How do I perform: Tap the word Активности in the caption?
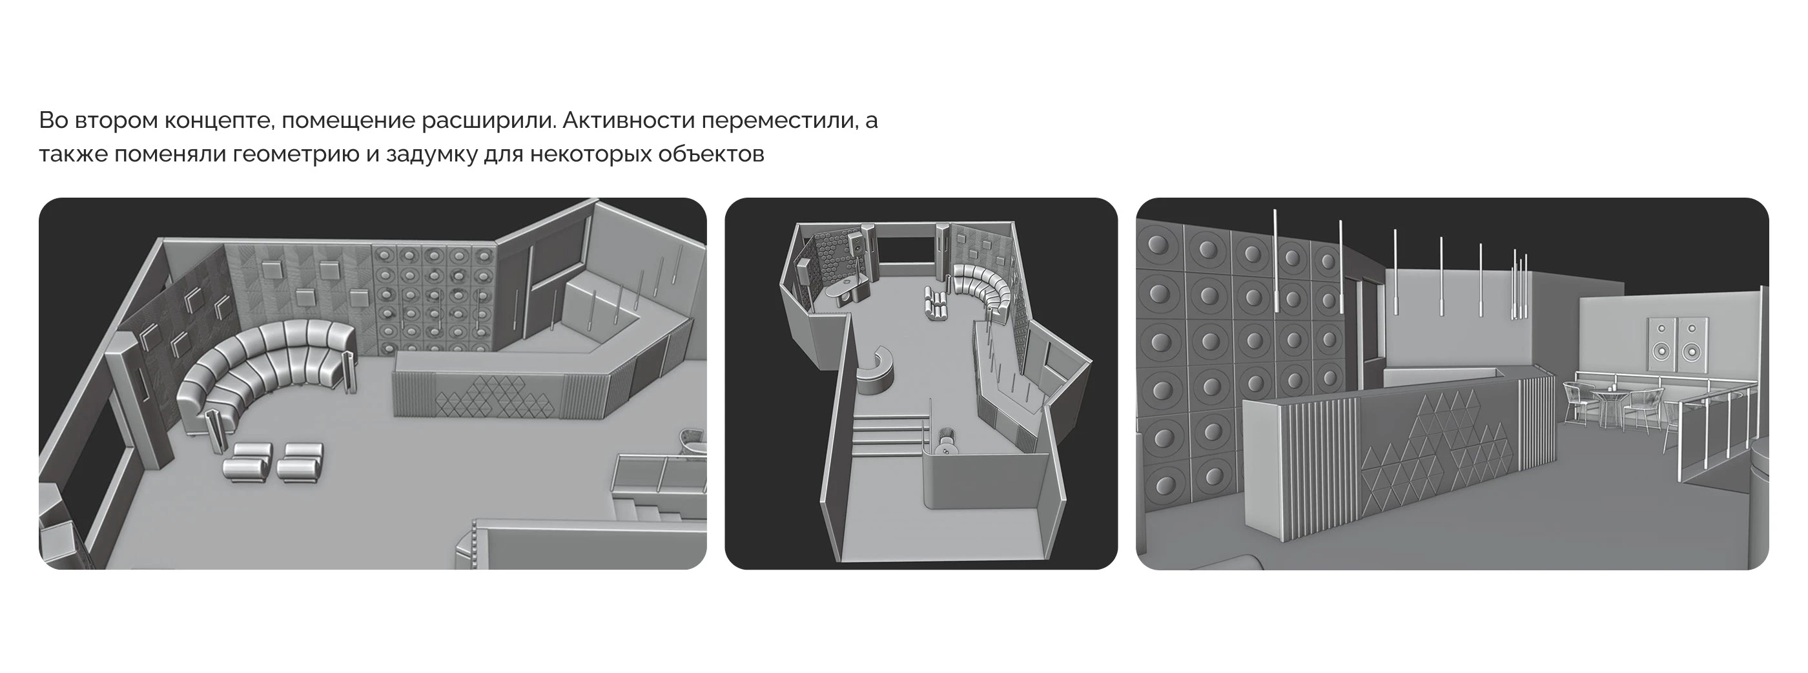coord(627,121)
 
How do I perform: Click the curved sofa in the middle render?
coord(983,287)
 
